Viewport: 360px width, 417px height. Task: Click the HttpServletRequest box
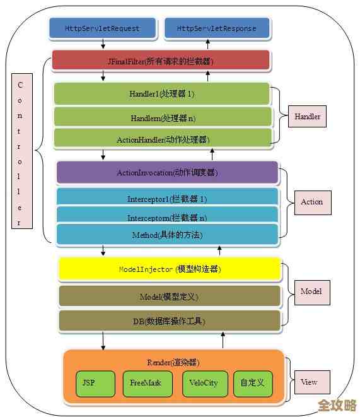102,28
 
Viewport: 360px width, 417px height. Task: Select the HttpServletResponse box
216,28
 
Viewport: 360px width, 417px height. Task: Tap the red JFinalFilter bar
161,61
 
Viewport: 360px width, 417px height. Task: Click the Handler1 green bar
162,94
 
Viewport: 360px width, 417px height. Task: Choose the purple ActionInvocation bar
167,172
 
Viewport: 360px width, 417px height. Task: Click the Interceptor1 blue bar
167,198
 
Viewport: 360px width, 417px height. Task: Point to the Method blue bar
167,234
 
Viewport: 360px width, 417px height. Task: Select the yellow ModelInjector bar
169,269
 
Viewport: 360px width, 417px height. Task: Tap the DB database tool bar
169,321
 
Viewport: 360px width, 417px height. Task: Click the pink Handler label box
308,116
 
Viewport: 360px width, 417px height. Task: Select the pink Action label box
311,202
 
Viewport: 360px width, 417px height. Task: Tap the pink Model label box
311,291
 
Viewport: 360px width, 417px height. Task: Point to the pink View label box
309,382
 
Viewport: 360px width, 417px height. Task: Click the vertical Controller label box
20,153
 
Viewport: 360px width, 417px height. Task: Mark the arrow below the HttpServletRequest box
102,44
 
